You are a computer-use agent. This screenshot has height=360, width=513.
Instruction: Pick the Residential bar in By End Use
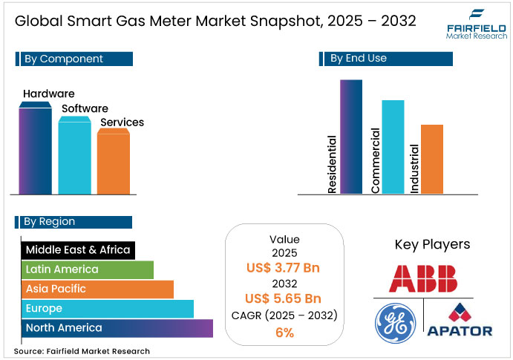tap(351, 137)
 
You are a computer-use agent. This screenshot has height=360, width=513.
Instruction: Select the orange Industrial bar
tap(432, 159)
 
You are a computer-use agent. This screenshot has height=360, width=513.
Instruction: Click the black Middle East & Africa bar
tap(77, 250)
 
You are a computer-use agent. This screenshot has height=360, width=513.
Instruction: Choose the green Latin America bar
tap(87, 269)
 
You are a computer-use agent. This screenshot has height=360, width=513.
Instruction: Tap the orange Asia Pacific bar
tap(97, 289)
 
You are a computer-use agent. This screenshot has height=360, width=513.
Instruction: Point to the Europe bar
tap(107, 308)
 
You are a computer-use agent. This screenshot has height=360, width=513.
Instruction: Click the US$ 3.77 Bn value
tap(284, 268)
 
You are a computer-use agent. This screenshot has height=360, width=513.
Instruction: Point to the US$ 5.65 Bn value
tap(284, 298)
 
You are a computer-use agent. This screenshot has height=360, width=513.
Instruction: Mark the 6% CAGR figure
tap(284, 333)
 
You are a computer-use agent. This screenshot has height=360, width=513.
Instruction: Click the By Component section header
tap(73, 59)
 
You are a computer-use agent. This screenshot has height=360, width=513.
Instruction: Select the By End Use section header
tap(385, 59)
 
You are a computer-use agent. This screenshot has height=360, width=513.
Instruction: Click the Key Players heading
tap(431, 244)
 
